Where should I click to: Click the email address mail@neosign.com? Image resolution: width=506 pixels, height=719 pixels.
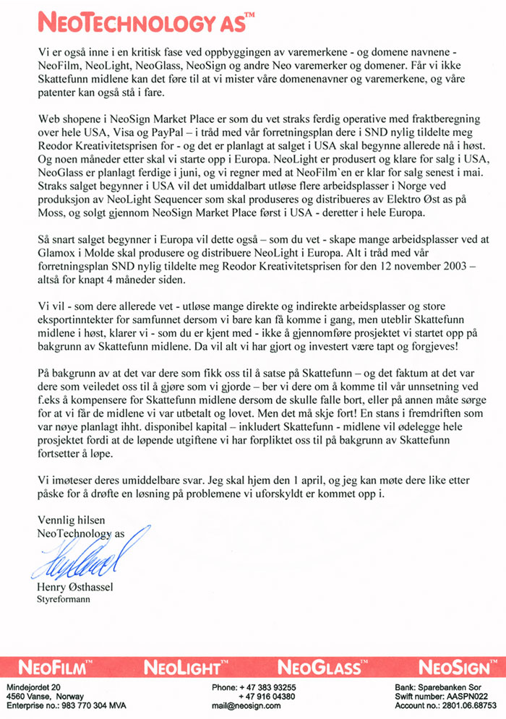pos(246,706)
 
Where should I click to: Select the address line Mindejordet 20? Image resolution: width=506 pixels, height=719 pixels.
pos(34,686)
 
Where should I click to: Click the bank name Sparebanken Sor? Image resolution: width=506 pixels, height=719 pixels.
pos(460,686)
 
